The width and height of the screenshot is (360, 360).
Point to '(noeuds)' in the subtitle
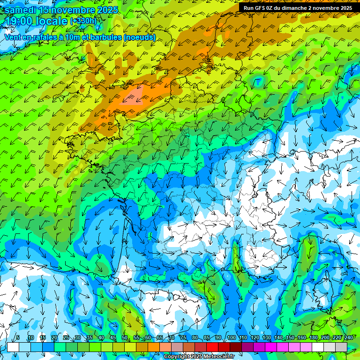(x=140, y=37)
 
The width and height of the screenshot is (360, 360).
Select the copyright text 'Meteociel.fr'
(x=217, y=357)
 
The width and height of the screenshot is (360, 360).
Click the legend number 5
(x=18, y=338)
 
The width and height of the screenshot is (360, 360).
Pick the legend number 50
(x=125, y=338)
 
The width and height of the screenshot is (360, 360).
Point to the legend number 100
(x=231, y=338)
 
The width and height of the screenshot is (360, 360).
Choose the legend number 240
(x=348, y=338)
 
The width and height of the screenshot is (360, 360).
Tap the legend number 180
(x=313, y=338)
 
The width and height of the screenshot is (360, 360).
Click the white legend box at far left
(x=13, y=347)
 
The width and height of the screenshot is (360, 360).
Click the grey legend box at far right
(x=341, y=347)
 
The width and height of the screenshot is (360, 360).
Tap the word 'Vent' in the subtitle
(x=13, y=37)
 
